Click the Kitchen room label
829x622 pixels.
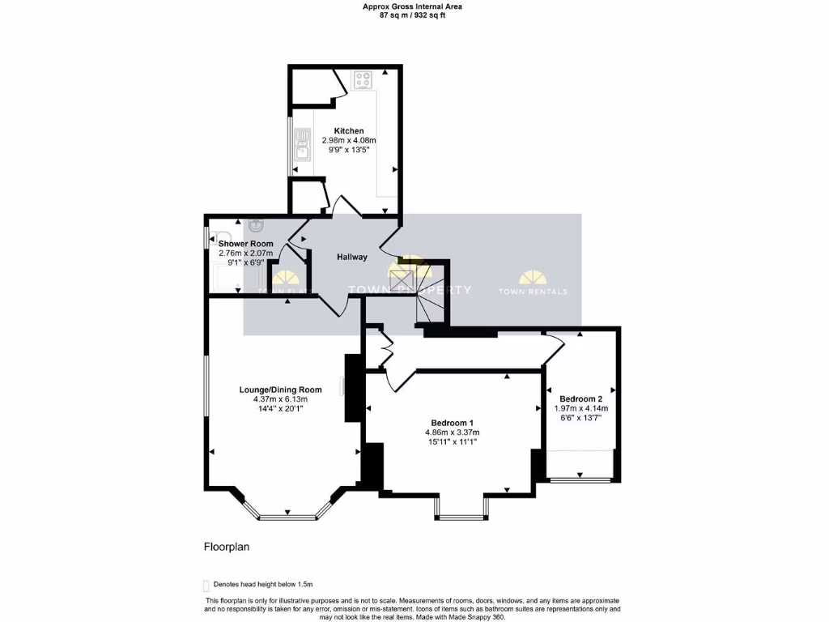349,130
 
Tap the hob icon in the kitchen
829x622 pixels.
361,80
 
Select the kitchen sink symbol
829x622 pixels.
302,148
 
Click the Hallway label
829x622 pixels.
352,257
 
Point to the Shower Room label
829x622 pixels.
245,243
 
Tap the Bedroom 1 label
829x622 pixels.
452,423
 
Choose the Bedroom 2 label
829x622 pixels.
580,398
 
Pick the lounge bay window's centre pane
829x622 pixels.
287,514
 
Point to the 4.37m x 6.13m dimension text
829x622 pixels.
280,399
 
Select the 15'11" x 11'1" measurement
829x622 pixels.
452,442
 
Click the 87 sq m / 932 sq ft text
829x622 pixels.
413,15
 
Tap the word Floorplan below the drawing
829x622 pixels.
226,547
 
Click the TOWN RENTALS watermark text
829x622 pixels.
532,292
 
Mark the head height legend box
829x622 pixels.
206,584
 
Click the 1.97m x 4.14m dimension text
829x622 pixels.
580,409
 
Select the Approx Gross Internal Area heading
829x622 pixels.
413,6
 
